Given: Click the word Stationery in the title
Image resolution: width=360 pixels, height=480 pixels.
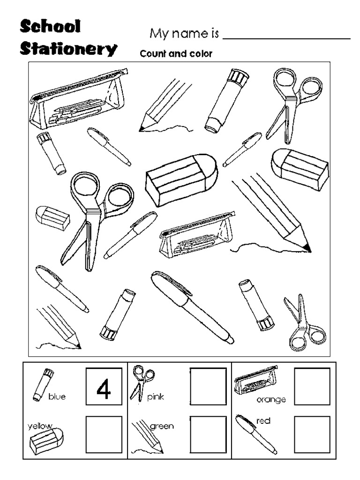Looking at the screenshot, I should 68,49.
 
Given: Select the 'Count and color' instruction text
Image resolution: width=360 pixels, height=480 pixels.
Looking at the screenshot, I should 176,54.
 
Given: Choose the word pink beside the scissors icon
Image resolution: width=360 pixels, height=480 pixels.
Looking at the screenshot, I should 156,397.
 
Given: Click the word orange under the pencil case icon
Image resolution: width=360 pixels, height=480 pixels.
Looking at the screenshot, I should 271,400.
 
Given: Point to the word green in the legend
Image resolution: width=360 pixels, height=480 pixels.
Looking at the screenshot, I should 162,426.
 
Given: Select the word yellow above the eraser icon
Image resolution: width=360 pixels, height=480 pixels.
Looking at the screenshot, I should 39,426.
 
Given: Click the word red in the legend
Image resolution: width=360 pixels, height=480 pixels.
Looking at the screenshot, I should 264,421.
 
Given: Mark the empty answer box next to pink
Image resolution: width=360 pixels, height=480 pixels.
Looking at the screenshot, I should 208,386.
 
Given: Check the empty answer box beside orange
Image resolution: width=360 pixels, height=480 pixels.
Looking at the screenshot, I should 312,386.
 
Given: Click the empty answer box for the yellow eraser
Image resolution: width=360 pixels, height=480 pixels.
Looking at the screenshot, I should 104,434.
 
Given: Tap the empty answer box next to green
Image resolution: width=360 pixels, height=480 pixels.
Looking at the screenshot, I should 208,434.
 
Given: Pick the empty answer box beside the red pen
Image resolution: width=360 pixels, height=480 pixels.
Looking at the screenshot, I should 312,434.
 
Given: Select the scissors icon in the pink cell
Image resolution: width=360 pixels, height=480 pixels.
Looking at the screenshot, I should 142,382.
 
